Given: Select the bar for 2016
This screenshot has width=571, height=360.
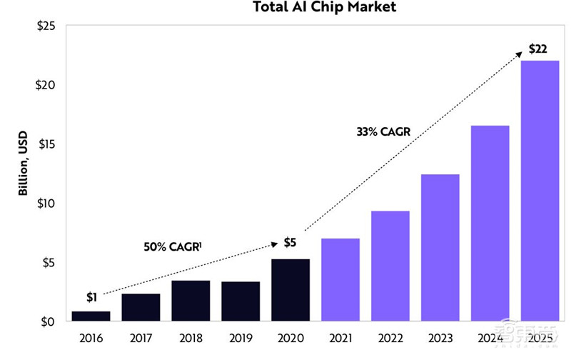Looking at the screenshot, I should pos(91,316).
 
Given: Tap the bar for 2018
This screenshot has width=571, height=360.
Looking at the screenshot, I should pos(191,301).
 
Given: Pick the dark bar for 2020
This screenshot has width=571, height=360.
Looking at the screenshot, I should pos(290,290).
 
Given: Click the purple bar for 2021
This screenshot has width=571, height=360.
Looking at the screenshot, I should pos(340,279).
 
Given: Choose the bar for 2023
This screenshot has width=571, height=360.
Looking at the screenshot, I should pos(440,247).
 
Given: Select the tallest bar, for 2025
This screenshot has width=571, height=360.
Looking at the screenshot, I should pos(540,191).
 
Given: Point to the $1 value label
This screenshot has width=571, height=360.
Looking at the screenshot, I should pos(91,297).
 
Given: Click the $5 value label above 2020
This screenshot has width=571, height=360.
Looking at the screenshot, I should pos(290,243).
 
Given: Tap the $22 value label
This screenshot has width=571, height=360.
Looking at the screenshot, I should pos(539,49).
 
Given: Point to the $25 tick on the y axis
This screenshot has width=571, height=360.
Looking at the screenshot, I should pos(46,27).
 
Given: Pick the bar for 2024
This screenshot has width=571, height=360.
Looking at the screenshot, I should pos(490,223).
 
